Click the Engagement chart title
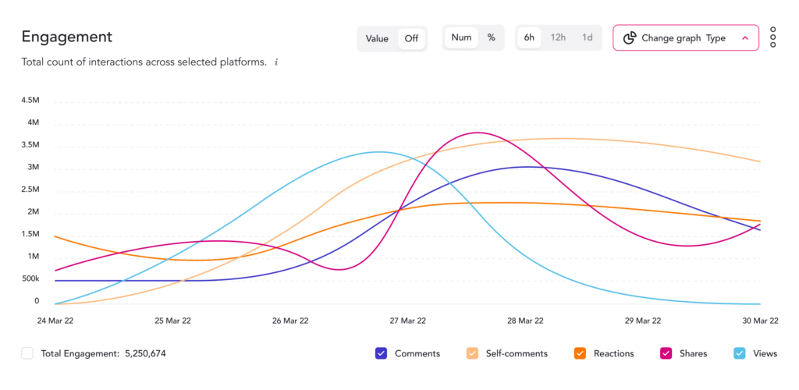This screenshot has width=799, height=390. point(67,37)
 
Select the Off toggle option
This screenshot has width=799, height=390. point(411,38)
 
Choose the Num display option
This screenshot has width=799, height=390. point(461,37)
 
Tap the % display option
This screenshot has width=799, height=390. point(491,37)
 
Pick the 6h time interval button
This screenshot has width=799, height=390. point(529,37)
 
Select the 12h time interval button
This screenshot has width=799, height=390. point(558,37)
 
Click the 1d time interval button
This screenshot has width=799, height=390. point(587,37)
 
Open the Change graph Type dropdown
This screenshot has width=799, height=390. point(685,37)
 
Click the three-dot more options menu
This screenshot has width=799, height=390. point(772,37)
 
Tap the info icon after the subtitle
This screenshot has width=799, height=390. point(276,62)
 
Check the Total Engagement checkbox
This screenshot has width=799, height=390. point(27,353)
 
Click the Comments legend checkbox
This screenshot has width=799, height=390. point(382,353)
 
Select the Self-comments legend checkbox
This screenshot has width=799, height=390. point(473,353)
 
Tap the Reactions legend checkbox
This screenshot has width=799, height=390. point(580,353)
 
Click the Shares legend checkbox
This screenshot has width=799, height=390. point(666,353)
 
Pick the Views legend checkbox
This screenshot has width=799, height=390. point(740,353)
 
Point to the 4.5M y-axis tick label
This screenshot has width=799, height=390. point(30,101)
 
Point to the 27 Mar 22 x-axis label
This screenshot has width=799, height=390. point(407,321)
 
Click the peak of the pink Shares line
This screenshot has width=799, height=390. point(478,133)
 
